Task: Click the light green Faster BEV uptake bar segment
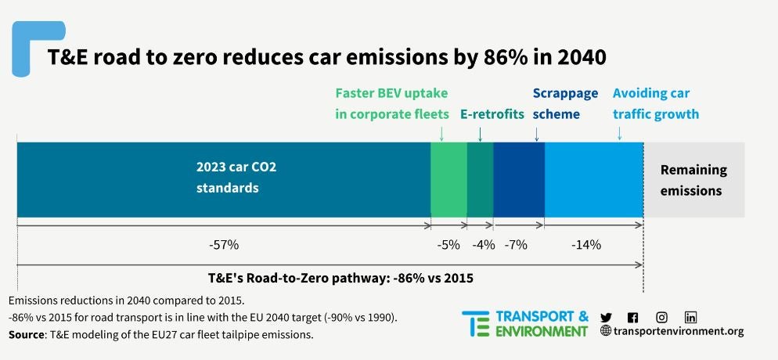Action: [x=448, y=179]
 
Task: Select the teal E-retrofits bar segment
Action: [x=480, y=179]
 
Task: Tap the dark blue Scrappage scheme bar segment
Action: [x=518, y=179]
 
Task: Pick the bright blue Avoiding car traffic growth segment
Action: [x=593, y=179]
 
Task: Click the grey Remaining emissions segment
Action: [x=693, y=179]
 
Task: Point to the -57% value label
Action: [x=224, y=245]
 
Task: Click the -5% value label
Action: [x=448, y=245]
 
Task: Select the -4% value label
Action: [x=484, y=245]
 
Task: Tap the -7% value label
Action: [x=516, y=245]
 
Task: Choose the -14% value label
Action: [x=585, y=245]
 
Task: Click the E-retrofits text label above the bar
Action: [x=492, y=114]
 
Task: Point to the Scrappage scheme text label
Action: [x=564, y=103]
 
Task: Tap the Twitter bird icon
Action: [x=606, y=317]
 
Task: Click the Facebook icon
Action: [x=633, y=317]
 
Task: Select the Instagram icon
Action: [x=662, y=317]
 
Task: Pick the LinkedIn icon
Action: [x=690, y=317]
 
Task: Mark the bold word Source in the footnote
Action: [x=26, y=335]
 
